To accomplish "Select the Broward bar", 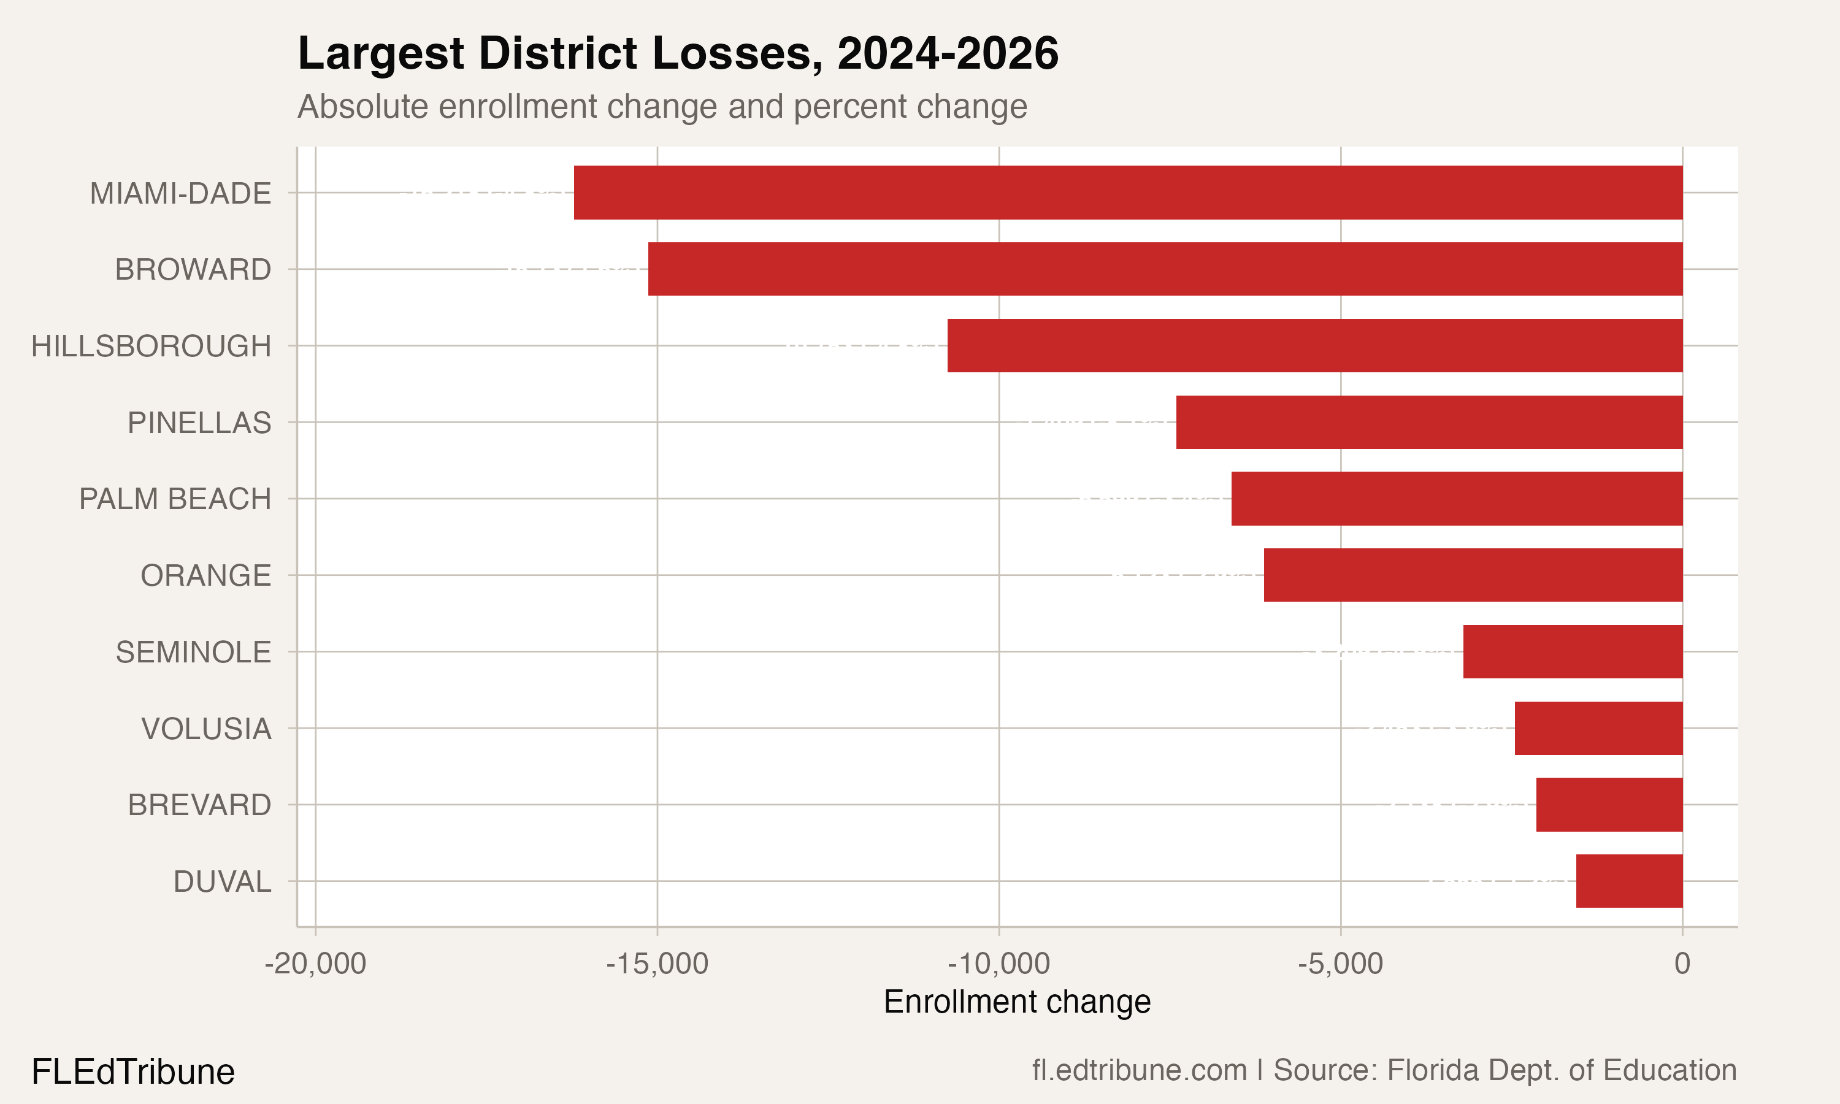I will coord(1165,269).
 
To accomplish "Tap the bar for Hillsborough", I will coord(1314,345).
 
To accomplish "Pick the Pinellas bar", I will coord(1428,422).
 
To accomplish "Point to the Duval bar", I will coord(1629,881).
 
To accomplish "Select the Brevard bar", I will coord(1609,804).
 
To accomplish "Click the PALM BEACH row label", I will coord(175,499).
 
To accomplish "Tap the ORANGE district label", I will coord(205,575).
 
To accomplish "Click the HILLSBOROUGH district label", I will coord(151,346).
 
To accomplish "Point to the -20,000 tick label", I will coord(315,964).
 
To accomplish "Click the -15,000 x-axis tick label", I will coord(657,964).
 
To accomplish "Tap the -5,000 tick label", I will coord(1340,964).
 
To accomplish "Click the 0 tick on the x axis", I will coord(1682,964).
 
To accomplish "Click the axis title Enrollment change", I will coord(1017,1002).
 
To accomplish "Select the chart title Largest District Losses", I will coord(678,53).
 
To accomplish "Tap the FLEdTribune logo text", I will coord(133,1072).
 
